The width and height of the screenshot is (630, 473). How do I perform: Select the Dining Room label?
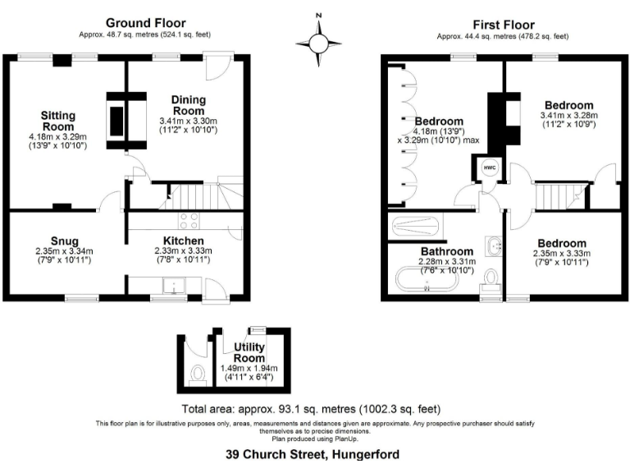pos(189,105)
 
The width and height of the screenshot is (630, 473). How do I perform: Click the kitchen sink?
pos(173,285)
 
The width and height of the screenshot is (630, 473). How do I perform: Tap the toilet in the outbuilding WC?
pos(197,374)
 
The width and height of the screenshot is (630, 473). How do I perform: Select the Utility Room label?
pos(249,353)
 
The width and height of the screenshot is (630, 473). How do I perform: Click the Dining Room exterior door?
pos(218,66)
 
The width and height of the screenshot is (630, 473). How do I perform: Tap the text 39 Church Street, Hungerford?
pos(314,452)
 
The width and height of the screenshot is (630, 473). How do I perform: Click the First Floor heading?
pos(503,25)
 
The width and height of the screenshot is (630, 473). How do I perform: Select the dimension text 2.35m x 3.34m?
pos(64,251)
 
